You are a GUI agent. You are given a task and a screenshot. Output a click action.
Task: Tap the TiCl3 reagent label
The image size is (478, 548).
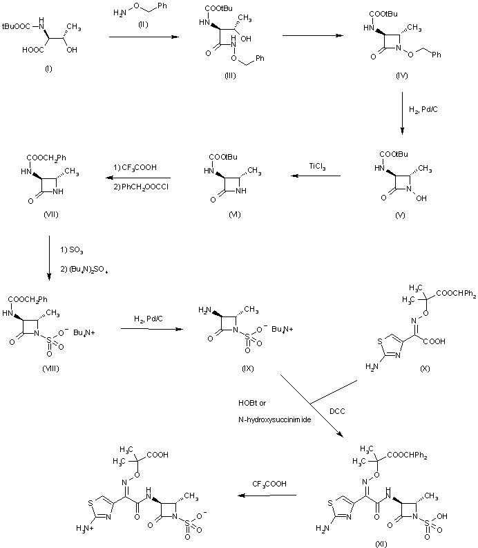click(318, 166)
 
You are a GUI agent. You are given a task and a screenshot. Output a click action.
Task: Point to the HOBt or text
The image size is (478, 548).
click(248, 402)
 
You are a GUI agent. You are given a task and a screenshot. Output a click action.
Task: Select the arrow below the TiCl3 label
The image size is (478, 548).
click(318, 177)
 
